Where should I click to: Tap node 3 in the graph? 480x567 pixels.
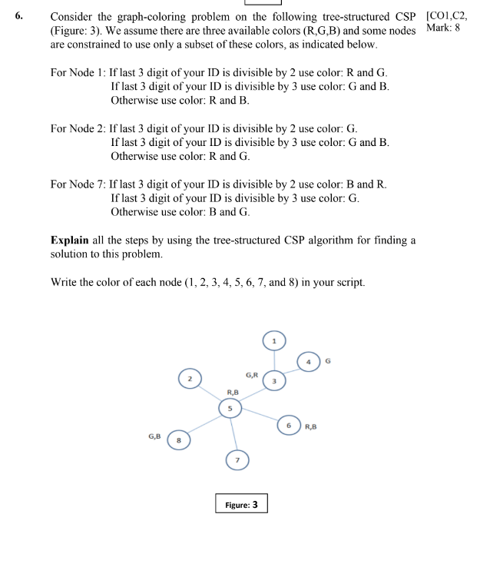point(273,380)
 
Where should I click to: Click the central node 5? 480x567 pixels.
point(229,409)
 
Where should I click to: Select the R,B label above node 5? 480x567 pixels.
point(222,391)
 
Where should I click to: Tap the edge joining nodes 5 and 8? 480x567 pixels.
point(204,425)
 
